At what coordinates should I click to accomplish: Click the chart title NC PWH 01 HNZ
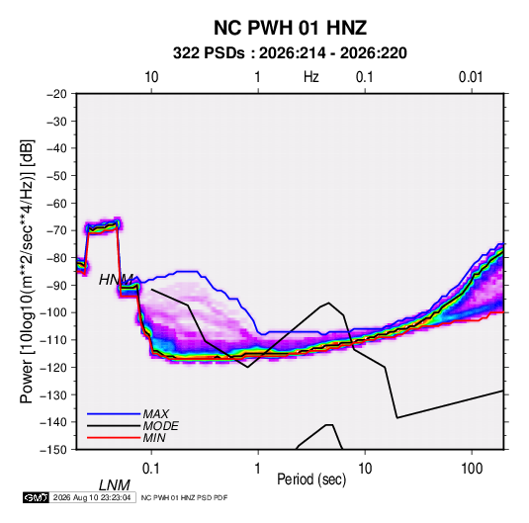click(x=290, y=28)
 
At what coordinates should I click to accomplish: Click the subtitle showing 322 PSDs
click(x=290, y=53)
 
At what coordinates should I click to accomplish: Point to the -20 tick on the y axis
click(x=56, y=94)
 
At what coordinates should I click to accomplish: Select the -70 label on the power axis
click(x=56, y=230)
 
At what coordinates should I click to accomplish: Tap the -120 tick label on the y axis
click(x=53, y=368)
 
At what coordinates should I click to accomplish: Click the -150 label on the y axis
click(x=53, y=450)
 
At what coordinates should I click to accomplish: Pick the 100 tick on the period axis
click(x=472, y=469)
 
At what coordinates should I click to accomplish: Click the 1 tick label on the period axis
click(x=258, y=469)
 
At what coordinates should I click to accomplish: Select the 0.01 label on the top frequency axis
click(x=471, y=77)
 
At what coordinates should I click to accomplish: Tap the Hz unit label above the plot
click(x=311, y=77)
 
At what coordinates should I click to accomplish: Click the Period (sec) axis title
click(x=311, y=479)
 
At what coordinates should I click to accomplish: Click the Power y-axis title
click(x=27, y=272)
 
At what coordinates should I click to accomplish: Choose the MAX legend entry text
click(x=155, y=413)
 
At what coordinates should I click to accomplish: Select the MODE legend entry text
click(x=160, y=426)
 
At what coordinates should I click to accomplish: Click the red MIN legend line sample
click(x=114, y=438)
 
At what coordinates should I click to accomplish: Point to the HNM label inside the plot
click(x=116, y=280)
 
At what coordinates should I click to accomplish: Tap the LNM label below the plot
click(x=114, y=485)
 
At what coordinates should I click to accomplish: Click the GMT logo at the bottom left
click(x=37, y=497)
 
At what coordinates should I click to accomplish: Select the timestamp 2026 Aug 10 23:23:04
click(x=92, y=497)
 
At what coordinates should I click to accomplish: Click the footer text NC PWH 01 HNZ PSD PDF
click(x=184, y=497)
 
